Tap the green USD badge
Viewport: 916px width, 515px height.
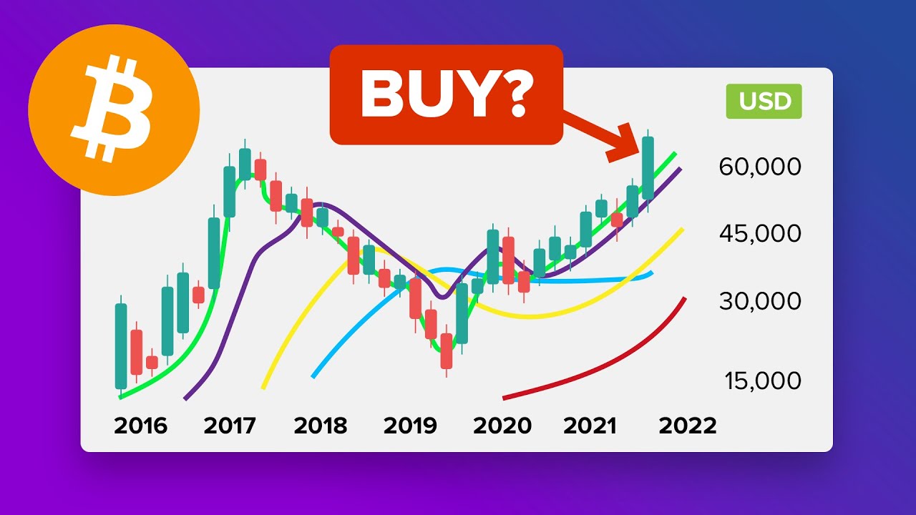point(764,101)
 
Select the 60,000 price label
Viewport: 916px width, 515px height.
point(759,167)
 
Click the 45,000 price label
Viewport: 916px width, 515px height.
point(759,234)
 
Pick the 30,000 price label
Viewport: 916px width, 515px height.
point(759,301)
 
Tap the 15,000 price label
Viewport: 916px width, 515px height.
point(762,381)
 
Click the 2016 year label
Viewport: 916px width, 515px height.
point(140,426)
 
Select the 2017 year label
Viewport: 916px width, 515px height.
point(230,426)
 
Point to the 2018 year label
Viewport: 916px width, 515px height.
point(320,426)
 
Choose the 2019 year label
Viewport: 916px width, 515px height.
point(410,426)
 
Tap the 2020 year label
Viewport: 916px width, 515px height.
point(502,426)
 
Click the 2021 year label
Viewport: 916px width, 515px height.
point(590,426)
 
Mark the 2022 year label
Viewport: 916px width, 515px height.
point(687,426)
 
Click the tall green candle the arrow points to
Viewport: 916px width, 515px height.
point(648,168)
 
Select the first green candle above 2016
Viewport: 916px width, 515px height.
point(121,346)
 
